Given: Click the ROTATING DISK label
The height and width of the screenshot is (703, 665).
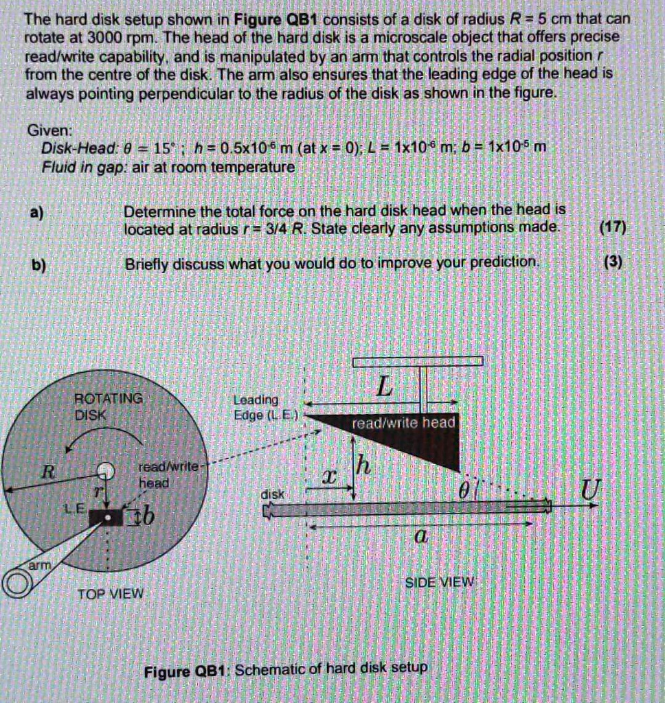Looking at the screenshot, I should click(x=109, y=406).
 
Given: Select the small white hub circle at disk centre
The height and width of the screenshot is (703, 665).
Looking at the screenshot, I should click(x=104, y=470).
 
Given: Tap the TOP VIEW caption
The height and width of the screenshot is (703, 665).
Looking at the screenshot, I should click(x=110, y=594).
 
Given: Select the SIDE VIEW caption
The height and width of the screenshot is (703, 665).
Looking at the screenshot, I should click(x=439, y=582).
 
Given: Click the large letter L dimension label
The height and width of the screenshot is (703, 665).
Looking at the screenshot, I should click(x=385, y=388).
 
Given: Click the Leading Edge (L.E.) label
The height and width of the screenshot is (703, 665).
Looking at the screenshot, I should click(x=257, y=406).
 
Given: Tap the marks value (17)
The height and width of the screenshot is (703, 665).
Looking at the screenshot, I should click(x=611, y=227).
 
